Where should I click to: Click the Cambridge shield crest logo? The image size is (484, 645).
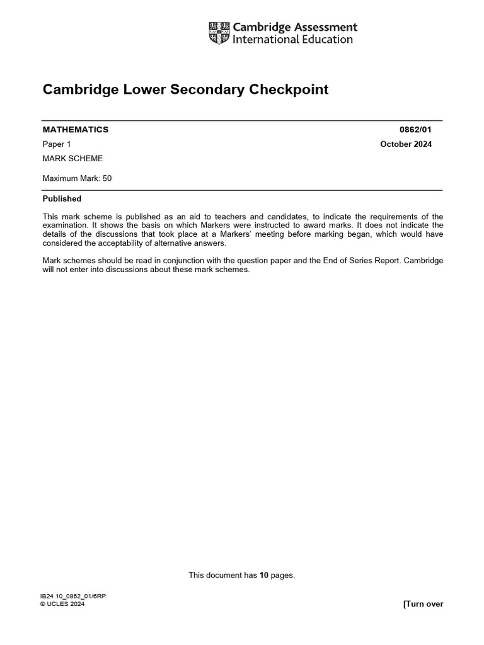tap(219, 33)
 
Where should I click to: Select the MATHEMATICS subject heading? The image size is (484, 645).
tap(76, 130)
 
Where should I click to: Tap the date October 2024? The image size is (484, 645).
tap(406, 144)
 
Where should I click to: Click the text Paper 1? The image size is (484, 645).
tap(57, 144)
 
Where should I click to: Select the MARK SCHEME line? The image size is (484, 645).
tap(72, 159)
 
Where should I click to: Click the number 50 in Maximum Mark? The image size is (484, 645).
tap(107, 178)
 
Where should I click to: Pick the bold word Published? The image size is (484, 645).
tap(62, 198)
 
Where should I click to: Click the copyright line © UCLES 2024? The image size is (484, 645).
tap(62, 604)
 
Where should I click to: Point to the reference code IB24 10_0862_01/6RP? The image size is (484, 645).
tap(69, 596)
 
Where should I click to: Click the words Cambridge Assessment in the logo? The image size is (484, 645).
tap(295, 27)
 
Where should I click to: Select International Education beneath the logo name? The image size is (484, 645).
tap(293, 40)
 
